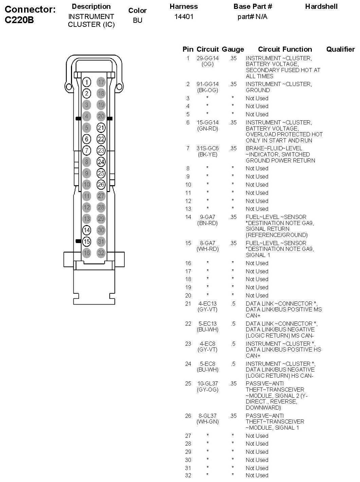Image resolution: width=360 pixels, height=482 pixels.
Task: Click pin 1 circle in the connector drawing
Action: tap(87, 82)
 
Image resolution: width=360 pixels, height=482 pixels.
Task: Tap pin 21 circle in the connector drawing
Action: tap(101, 127)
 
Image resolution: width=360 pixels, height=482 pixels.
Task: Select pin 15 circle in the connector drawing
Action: tap(87, 241)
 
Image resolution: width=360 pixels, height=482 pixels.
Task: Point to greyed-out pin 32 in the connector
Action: tap(101, 253)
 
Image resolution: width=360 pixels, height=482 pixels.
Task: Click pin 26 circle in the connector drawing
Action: tap(101, 185)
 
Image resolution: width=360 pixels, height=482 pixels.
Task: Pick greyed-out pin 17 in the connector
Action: tap(101, 82)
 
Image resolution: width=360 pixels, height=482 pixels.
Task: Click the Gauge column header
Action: tap(233, 49)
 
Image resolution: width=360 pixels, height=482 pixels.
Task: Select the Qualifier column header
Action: tap(340, 49)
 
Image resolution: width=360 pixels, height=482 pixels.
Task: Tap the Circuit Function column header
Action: tap(285, 49)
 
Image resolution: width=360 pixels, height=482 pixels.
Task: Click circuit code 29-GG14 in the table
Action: tap(208, 58)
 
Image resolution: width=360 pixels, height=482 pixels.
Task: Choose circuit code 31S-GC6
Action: tap(208, 148)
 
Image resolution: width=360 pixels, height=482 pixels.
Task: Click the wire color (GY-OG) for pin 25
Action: tap(208, 390)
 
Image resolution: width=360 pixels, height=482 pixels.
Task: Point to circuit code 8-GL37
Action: tap(208, 416)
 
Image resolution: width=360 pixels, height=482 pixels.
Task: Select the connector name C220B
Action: tap(19, 20)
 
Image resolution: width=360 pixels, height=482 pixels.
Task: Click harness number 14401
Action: tap(184, 16)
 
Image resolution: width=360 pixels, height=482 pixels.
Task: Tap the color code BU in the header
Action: tap(138, 20)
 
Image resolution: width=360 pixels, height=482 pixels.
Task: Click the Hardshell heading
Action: tap(321, 6)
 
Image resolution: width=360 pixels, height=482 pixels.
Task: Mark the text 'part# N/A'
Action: tap(252, 16)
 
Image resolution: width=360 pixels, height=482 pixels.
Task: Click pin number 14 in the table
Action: tap(188, 217)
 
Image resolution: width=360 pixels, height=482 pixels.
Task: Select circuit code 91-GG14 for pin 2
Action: tap(208, 84)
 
